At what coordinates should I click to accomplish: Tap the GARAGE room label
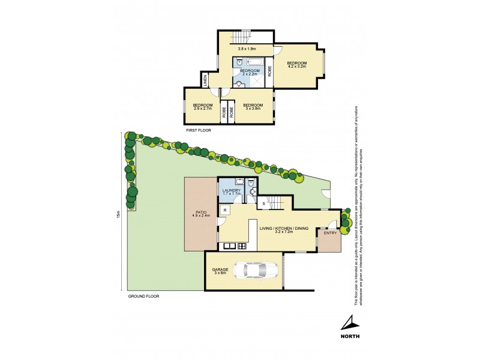(x=220, y=270)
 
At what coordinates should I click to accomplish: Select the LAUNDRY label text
(x=231, y=190)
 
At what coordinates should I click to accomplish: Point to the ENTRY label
(x=330, y=233)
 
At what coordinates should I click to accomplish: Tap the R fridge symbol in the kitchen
(x=224, y=211)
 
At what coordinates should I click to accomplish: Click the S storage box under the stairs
(x=265, y=205)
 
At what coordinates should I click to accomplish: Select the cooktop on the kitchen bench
(x=242, y=246)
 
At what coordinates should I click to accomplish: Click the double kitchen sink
(x=229, y=246)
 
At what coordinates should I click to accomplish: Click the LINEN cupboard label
(x=205, y=79)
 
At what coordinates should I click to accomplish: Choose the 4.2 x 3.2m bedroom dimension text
(x=297, y=67)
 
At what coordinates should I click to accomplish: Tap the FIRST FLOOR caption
(x=199, y=130)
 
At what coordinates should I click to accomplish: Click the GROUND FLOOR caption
(x=143, y=296)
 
